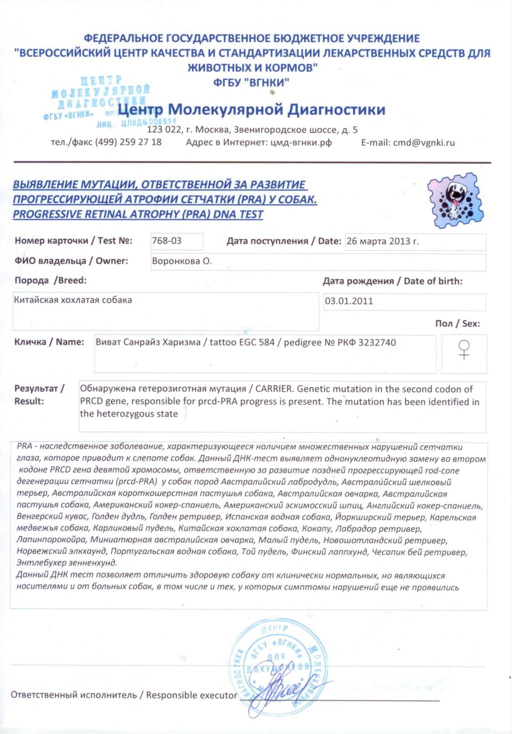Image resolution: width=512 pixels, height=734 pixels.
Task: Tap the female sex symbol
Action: click(464, 349)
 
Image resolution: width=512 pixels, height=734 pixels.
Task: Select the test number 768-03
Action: click(167, 241)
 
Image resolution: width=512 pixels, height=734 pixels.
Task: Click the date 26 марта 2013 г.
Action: click(382, 241)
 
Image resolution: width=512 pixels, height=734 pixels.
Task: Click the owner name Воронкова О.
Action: click(182, 261)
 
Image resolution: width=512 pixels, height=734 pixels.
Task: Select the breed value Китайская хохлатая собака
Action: click(73, 300)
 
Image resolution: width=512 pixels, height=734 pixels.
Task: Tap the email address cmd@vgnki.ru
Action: click(424, 142)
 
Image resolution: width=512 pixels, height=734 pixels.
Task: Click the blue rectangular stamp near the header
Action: click(100, 100)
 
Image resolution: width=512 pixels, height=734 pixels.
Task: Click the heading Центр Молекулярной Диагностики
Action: click(251, 109)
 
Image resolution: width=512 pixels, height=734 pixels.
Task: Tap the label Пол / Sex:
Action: click(457, 323)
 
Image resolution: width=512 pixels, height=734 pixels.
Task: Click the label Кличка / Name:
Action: click(49, 342)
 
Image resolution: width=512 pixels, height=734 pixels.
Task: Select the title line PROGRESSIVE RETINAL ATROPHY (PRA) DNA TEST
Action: click(138, 214)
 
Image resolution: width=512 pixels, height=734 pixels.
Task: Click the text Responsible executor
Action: click(191, 695)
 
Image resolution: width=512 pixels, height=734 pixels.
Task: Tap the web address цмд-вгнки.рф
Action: click(301, 142)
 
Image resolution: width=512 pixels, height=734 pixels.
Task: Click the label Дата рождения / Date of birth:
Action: click(392, 281)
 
